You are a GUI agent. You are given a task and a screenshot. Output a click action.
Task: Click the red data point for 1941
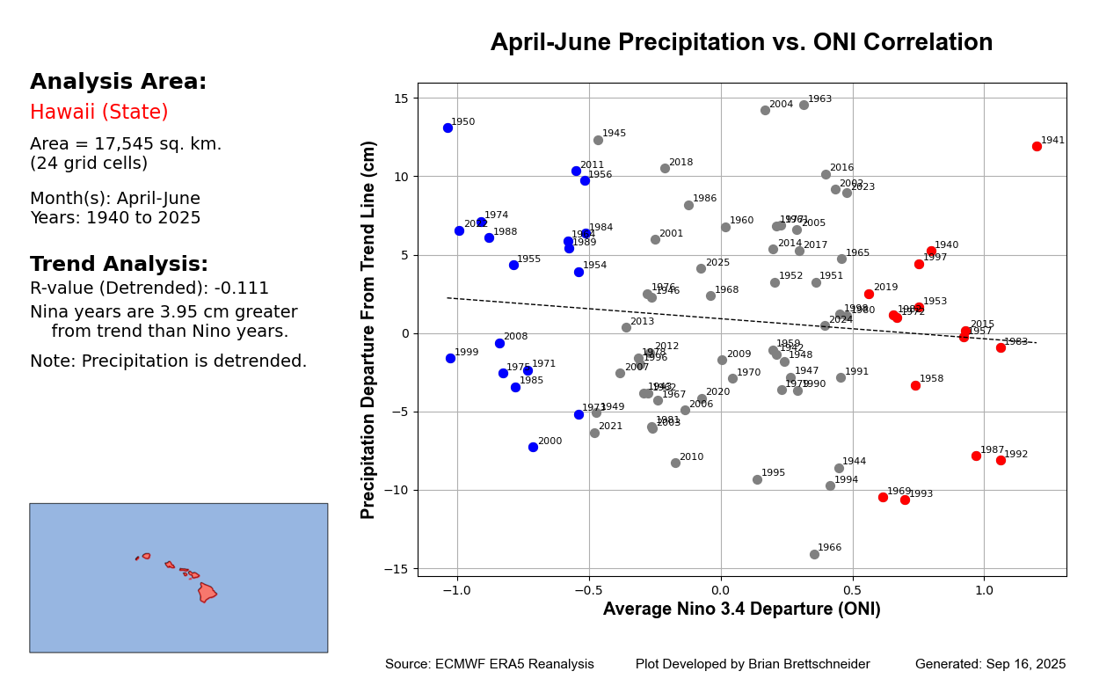tap(1037, 146)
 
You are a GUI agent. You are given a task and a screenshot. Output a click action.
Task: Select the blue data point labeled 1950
tap(448, 128)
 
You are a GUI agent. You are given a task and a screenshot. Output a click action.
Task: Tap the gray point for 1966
tap(814, 554)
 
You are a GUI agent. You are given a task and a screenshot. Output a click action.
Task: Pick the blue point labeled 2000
tap(533, 447)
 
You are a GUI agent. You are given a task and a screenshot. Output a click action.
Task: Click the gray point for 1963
tap(804, 105)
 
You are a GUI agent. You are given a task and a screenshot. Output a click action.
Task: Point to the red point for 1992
tap(1001, 460)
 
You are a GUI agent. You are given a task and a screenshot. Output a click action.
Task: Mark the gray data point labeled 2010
tap(675, 463)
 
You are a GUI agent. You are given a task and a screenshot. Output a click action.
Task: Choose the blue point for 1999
tap(450, 358)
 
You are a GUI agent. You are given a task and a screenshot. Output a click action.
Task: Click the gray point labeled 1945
tap(598, 140)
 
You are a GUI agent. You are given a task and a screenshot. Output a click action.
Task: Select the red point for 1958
tap(915, 385)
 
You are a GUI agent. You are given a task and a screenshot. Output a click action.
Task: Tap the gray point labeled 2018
tap(665, 168)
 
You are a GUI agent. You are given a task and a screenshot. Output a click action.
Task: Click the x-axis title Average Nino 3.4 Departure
tap(741, 609)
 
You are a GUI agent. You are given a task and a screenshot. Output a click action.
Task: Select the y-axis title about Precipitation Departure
tap(370, 330)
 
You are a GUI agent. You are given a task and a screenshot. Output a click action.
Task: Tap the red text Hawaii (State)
tap(98, 113)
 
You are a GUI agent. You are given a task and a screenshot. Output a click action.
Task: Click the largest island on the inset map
tap(207, 592)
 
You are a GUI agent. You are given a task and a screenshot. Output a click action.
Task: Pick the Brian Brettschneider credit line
tap(753, 665)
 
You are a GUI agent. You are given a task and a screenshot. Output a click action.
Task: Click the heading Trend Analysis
tap(119, 265)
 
